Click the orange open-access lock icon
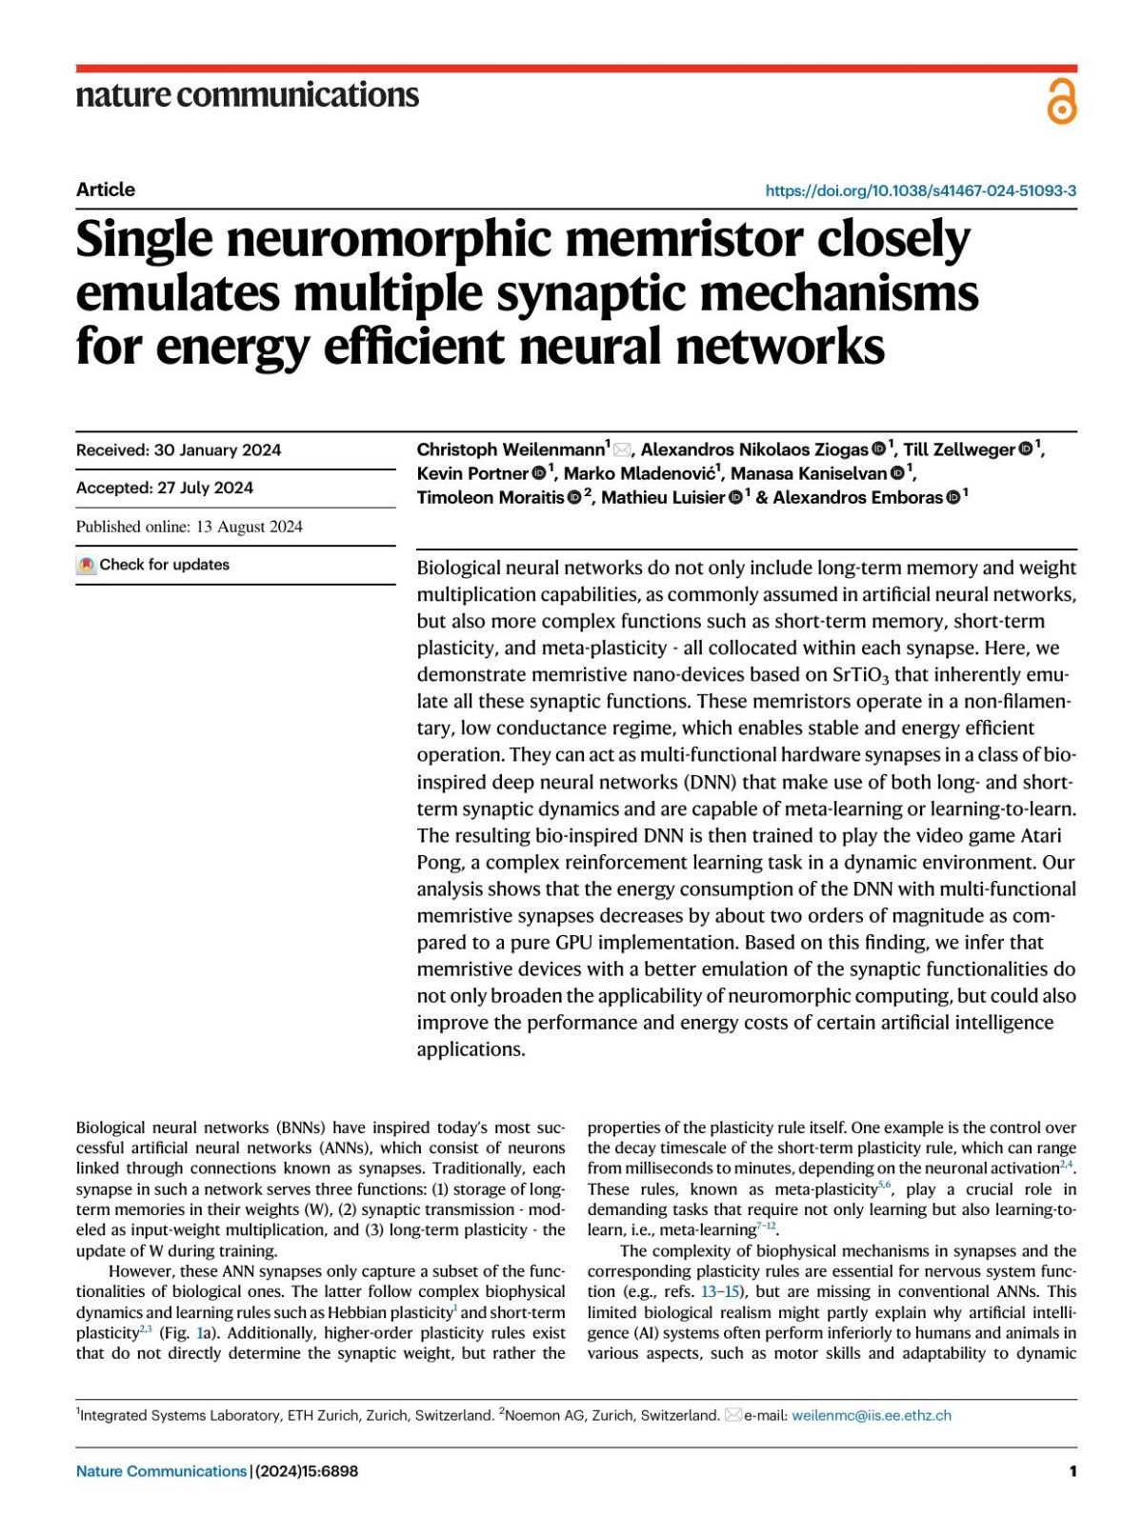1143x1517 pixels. pos(1061,102)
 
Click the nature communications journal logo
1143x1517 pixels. pos(247,94)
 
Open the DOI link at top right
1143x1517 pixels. pos(920,190)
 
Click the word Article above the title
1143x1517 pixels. pos(106,190)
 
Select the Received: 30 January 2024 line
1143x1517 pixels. pos(178,450)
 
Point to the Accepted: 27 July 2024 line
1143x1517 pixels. pos(165,489)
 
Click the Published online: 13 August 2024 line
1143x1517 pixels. pos(189,527)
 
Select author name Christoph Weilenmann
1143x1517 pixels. pos(511,449)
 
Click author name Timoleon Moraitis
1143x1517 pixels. pos(490,497)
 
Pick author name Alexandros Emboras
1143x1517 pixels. pos(856,497)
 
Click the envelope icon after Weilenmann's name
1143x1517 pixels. pos(622,449)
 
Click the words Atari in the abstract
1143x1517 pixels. pos(1041,835)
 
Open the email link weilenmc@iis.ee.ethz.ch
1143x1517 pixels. pos(871,1415)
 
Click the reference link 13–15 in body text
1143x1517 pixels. pos(722,1292)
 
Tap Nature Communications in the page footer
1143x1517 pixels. pos(161,1471)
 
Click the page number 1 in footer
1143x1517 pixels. pos(1073,1471)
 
